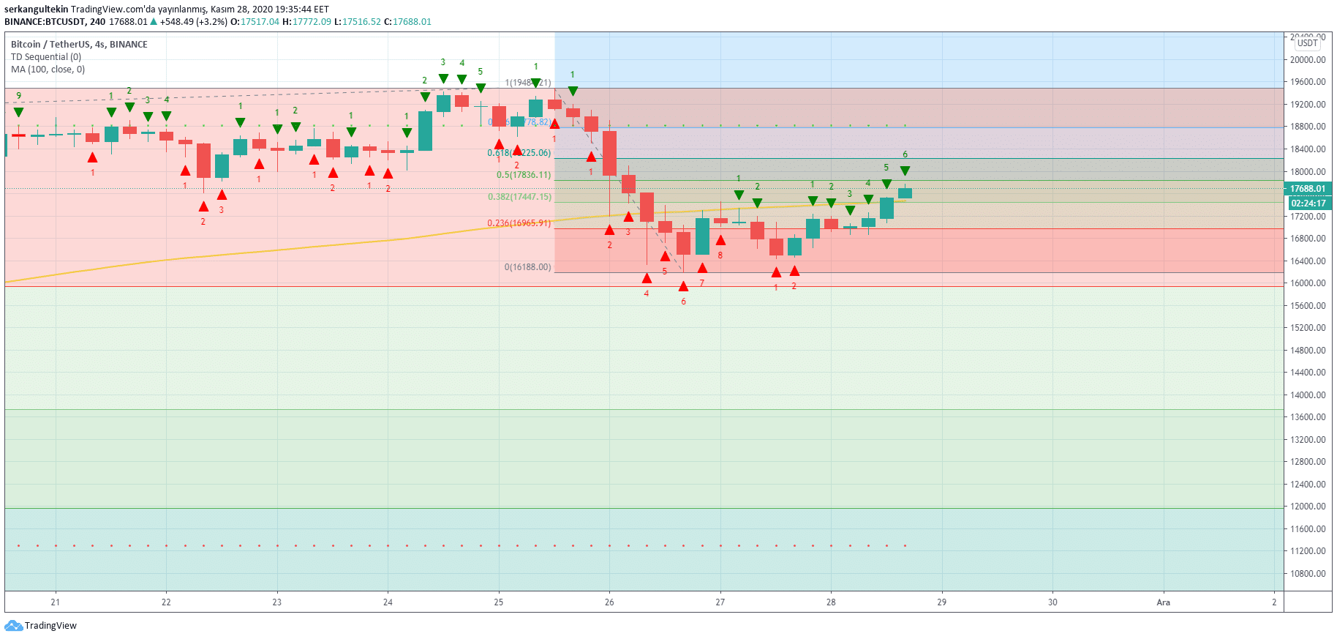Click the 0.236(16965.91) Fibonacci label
click(519, 223)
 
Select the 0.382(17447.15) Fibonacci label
click(519, 197)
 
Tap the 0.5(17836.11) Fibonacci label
click(523, 175)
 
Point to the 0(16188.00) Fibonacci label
click(527, 267)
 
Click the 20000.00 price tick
click(1308, 60)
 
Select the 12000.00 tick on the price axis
click(1308, 507)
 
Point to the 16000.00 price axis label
click(1308, 283)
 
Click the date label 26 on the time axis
click(609, 602)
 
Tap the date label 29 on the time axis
click(941, 602)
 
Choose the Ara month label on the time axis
click(1163, 602)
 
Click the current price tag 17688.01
click(1308, 189)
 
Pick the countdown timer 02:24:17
click(1308, 203)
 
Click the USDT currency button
click(1308, 43)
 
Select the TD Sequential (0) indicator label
click(46, 57)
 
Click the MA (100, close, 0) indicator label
click(48, 70)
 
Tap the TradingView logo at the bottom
click(41, 626)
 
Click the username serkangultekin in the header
click(36, 10)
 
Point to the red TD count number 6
click(683, 302)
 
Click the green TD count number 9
click(19, 96)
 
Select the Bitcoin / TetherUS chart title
click(79, 45)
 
